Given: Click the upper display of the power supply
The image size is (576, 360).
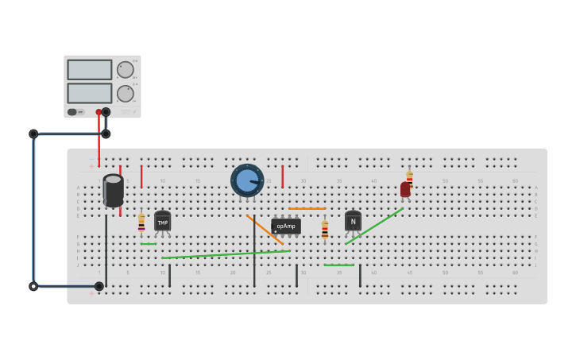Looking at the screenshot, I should coord(89,69).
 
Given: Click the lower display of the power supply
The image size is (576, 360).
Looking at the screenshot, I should coord(89,93).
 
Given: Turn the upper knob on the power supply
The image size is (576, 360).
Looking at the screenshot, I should coord(126,69).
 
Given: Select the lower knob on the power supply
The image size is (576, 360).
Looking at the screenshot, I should coord(126,93).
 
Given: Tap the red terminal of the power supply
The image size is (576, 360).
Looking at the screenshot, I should coord(99,112).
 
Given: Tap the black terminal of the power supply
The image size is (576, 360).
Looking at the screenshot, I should coord(106,112).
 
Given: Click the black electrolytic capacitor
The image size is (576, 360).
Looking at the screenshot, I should coord(113,191).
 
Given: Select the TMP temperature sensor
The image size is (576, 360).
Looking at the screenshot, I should coord(162,222).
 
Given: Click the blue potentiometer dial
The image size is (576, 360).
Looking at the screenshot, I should coord(247,180).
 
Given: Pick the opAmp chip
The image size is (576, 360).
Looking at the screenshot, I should coord(286,226).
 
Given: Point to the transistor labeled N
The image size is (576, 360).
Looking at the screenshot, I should coord(353,221).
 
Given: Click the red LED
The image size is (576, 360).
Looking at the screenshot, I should coord(405,189).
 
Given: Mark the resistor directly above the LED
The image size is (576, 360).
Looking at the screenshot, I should coord(409,177).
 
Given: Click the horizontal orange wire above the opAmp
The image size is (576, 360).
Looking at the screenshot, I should coord(307,208).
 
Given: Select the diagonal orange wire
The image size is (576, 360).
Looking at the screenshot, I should coord(265,229).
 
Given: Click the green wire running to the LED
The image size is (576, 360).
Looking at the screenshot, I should coord(374,226).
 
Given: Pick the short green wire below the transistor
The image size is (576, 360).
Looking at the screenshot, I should coord(339,265).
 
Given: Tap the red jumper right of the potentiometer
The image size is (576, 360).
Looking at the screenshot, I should coord(282,176).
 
